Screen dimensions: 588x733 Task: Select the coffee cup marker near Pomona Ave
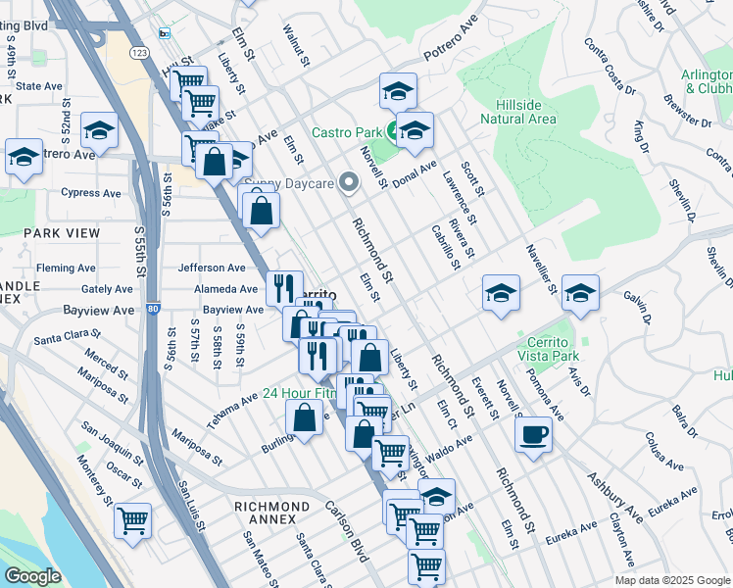[x=534, y=433]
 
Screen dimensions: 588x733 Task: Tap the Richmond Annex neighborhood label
[x=271, y=506]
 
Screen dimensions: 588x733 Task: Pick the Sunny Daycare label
[x=289, y=182]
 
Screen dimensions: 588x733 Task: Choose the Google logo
[x=32, y=576]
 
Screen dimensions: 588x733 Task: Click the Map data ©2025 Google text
[x=671, y=580]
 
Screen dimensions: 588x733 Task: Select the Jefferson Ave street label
[x=211, y=268]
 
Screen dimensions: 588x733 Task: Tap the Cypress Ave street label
[x=90, y=193]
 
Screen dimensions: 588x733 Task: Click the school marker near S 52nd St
[x=99, y=130]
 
